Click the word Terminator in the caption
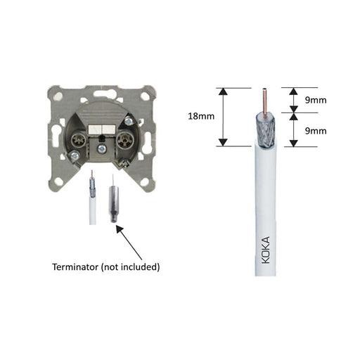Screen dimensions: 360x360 [79, 267]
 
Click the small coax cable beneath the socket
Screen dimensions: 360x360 [92, 204]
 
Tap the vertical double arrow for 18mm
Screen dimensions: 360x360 [223, 116]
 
